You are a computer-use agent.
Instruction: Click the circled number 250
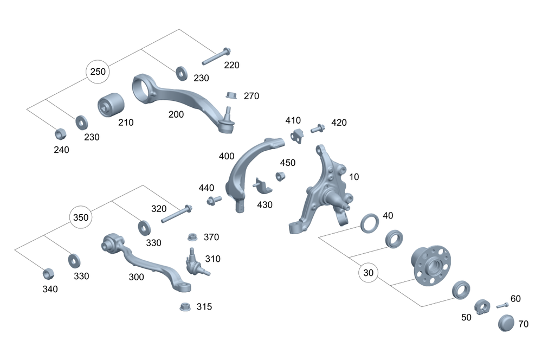click(x=98, y=72)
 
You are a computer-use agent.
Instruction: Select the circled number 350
click(x=81, y=217)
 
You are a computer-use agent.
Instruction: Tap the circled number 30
click(x=369, y=273)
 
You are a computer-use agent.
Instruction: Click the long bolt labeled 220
click(x=216, y=56)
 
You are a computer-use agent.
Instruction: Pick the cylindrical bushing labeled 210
click(x=111, y=105)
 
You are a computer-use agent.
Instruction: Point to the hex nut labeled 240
click(x=61, y=133)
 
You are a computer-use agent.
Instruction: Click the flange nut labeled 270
click(x=231, y=95)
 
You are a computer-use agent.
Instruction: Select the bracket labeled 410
click(x=296, y=135)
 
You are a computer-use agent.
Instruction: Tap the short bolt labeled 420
click(x=318, y=128)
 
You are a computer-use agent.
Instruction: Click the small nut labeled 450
click(x=280, y=176)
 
